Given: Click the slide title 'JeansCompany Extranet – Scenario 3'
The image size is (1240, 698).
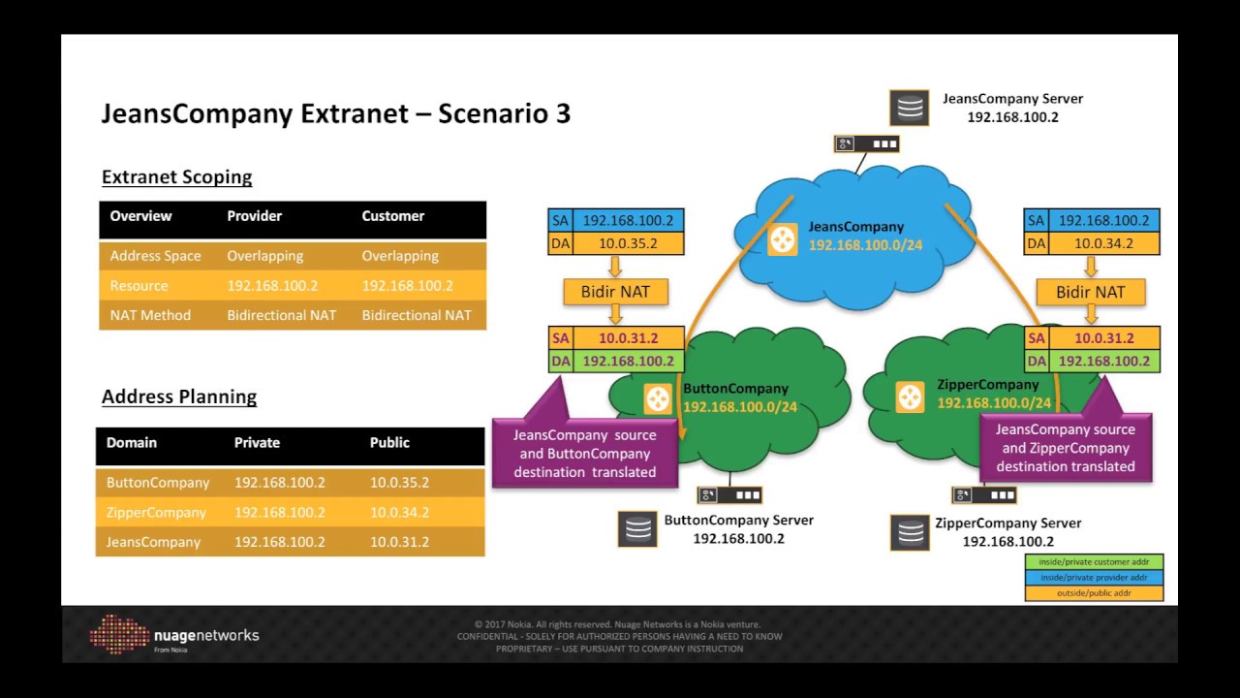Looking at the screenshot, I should point(335,113).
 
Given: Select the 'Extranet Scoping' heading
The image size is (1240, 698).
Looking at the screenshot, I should point(176,177).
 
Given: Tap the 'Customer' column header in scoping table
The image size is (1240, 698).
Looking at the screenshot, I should point(392,216).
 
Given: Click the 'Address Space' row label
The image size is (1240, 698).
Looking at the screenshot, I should point(155,256).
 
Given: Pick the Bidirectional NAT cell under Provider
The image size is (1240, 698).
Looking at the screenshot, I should point(281,315).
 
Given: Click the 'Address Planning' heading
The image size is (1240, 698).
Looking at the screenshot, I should point(179,397).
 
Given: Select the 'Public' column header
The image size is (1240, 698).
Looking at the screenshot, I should point(389,442).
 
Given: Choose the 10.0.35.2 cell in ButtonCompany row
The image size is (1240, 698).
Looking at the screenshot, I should point(399,483).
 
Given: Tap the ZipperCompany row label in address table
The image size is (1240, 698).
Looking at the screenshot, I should point(156,512).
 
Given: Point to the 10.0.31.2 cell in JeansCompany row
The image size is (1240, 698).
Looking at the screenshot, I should point(399,542).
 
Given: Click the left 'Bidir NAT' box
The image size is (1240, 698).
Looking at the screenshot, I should point(615,291).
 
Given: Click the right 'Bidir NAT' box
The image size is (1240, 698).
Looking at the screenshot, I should point(1091,291).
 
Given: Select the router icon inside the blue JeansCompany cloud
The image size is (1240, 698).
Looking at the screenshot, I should point(782,238).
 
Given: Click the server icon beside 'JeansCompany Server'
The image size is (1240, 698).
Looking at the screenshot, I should point(911,108).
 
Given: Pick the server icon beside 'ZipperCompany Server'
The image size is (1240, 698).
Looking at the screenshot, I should point(911,531).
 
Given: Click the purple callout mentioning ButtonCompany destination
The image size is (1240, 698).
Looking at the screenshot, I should point(584,453).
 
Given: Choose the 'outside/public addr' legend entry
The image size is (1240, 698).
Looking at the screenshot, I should point(1094,592).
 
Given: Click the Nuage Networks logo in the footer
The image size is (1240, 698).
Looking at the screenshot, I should point(174,635).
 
